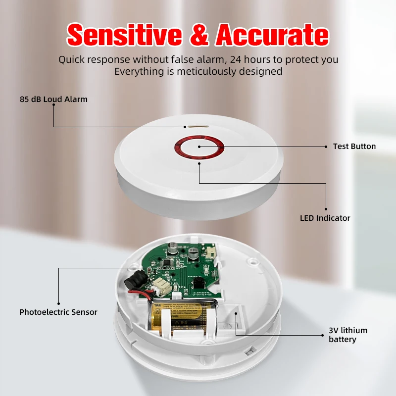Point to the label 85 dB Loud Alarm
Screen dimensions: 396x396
tap(53, 99)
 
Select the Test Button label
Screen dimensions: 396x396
tap(354, 146)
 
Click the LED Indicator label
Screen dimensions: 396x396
tap(325, 218)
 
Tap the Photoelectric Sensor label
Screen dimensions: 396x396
tap(58, 312)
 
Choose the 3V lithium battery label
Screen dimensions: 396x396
tap(347, 335)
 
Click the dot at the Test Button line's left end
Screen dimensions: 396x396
tap(199, 147)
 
